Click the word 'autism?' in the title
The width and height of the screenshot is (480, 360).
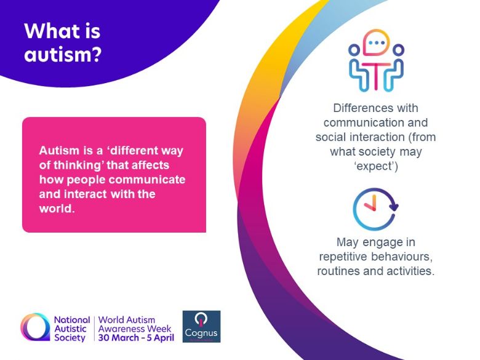click(x=63, y=55)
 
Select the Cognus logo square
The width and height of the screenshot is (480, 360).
click(x=201, y=326)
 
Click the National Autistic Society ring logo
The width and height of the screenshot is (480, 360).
click(x=35, y=327)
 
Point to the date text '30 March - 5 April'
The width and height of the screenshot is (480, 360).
click(x=136, y=338)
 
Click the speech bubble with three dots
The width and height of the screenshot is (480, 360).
click(x=376, y=43)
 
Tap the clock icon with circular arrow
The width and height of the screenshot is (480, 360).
click(x=375, y=209)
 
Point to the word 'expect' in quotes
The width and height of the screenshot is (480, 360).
click(x=376, y=167)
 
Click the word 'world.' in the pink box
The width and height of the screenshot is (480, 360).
click(x=57, y=209)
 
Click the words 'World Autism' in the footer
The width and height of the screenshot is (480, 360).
click(x=127, y=320)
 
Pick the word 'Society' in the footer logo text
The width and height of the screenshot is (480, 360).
click(x=70, y=338)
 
